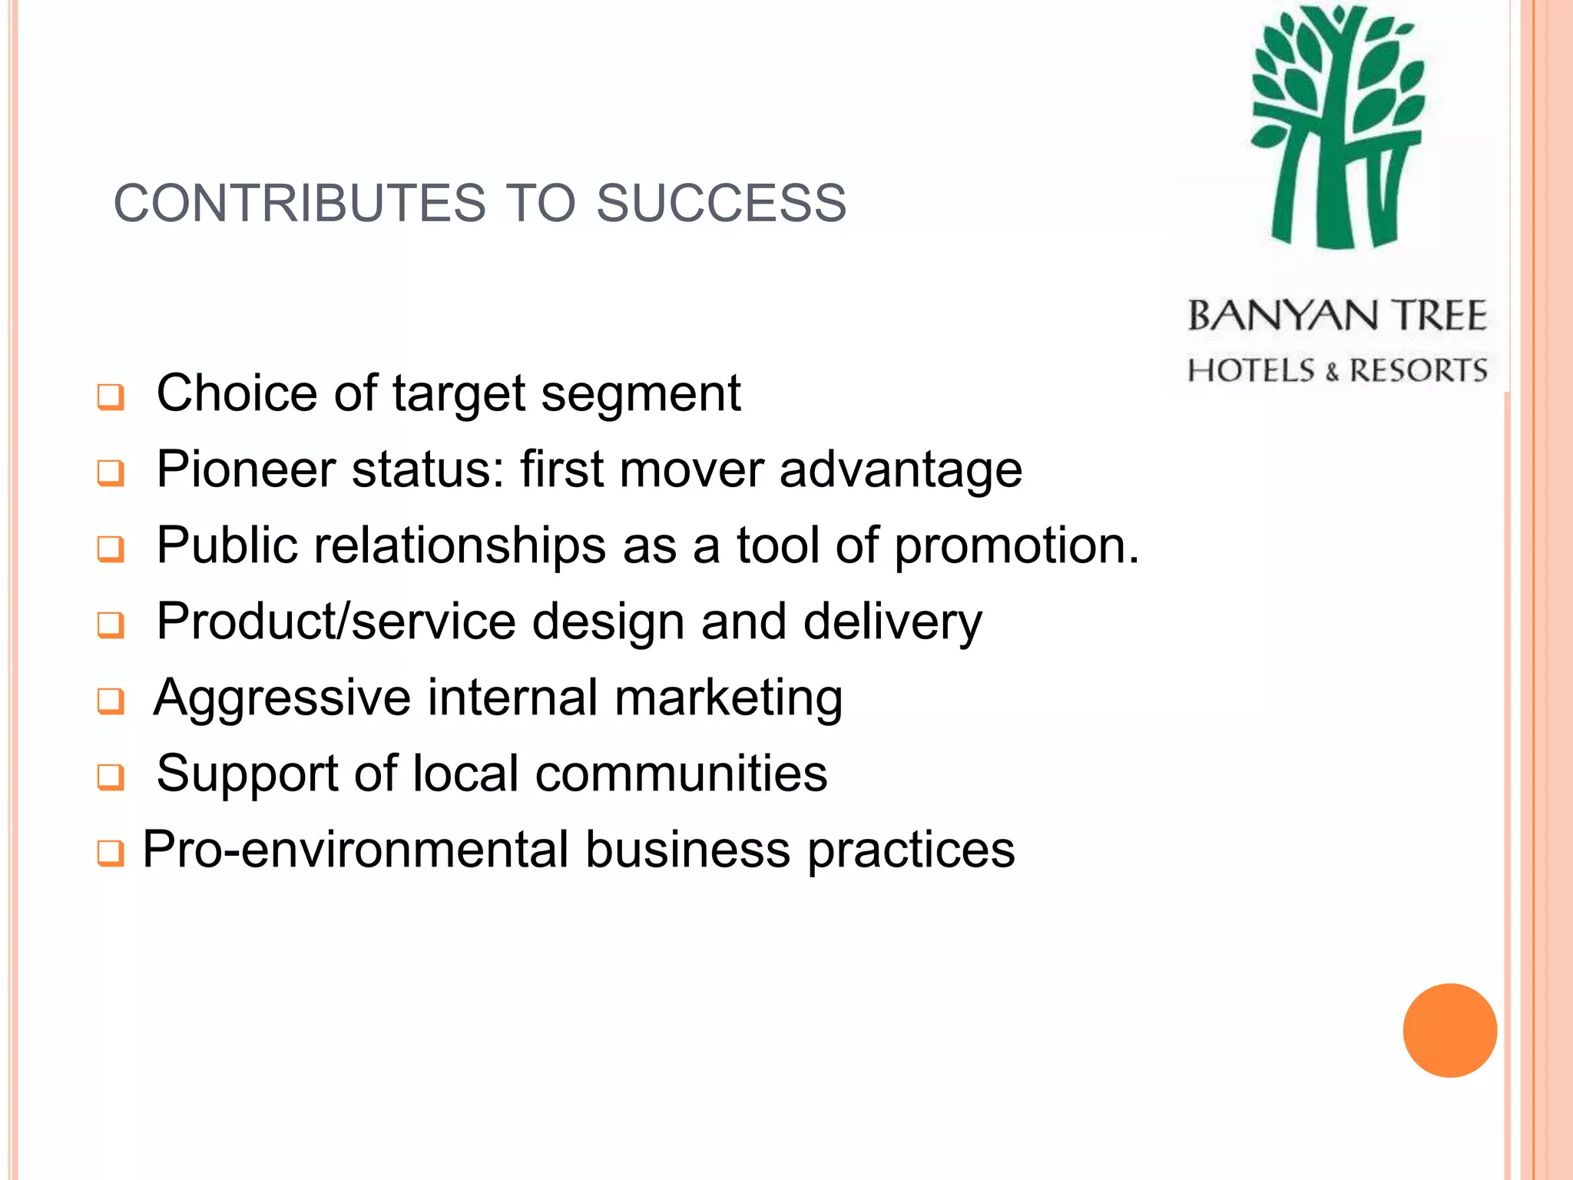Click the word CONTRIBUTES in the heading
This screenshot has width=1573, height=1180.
point(300,204)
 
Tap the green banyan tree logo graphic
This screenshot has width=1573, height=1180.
point(1338,128)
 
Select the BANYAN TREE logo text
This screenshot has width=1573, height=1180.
point(1337,317)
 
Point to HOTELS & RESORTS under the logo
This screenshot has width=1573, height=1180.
point(1337,370)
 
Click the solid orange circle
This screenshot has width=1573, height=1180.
point(1449,1030)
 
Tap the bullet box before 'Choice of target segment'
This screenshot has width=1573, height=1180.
point(111,397)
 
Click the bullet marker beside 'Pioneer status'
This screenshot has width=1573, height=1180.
point(111,472)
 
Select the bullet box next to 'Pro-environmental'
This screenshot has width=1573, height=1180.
point(111,853)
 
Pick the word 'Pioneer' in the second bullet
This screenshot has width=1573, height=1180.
point(246,469)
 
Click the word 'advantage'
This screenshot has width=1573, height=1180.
point(901,469)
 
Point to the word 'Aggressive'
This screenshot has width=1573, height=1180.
point(283,699)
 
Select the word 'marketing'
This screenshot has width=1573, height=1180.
point(728,699)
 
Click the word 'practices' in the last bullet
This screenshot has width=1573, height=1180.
point(911,851)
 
